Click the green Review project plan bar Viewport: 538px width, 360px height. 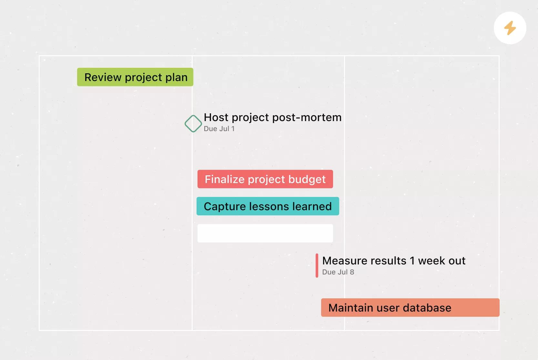point(135,77)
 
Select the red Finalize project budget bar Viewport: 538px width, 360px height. point(265,179)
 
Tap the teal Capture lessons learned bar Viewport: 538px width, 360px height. point(268,206)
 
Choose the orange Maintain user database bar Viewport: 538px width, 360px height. point(410,308)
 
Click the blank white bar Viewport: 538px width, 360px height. point(265,233)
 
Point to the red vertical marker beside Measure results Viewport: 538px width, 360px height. point(317,265)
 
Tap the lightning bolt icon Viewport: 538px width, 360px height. point(510,28)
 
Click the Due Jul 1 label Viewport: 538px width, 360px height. point(219,129)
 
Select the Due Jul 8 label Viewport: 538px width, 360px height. point(338,272)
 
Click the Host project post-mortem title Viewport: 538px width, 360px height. point(273,117)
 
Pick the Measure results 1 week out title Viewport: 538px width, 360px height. point(394,261)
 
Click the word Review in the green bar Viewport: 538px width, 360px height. point(103,77)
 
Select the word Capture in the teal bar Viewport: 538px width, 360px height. point(225,206)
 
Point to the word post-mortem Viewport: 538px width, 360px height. point(307,118)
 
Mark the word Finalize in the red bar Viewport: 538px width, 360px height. point(225,179)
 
